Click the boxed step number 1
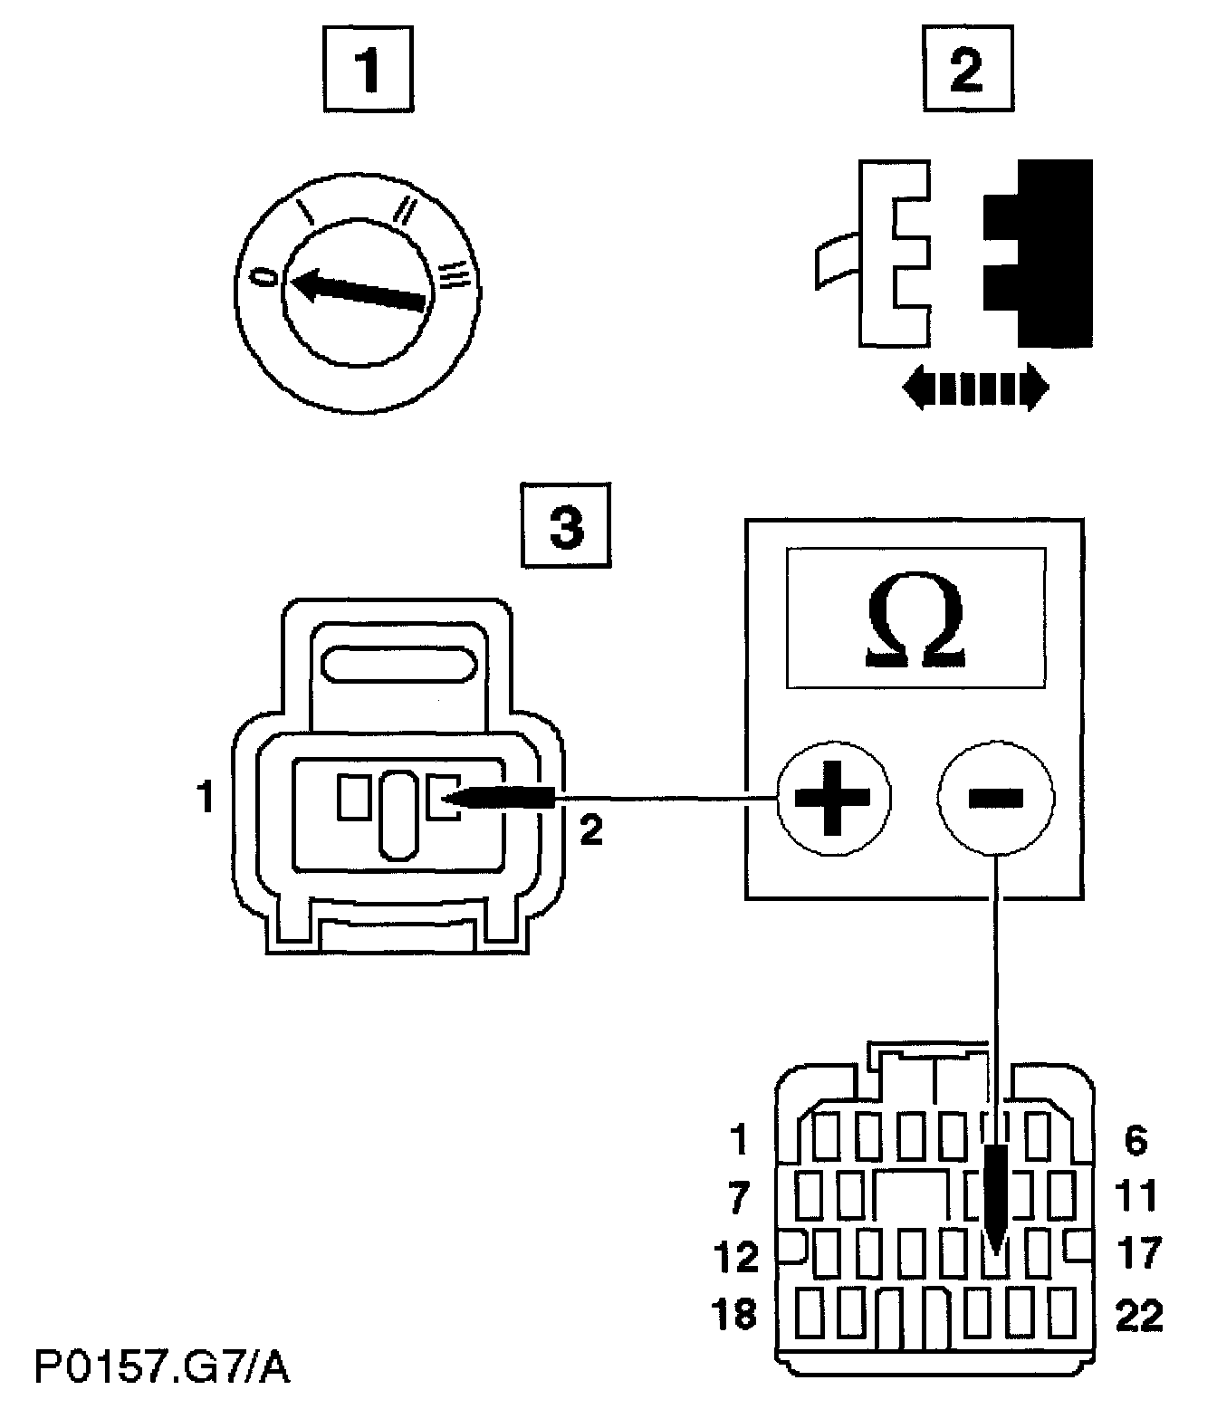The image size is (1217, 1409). [x=369, y=70]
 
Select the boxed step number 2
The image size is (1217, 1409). [x=965, y=70]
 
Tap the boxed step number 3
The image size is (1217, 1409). [x=567, y=529]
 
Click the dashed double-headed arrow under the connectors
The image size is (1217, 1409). [x=975, y=390]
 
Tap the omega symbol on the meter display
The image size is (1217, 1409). [x=915, y=628]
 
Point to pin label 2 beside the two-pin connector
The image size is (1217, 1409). [x=589, y=830]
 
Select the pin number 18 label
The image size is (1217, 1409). [x=734, y=1313]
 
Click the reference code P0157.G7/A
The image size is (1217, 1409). [x=163, y=1367]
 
